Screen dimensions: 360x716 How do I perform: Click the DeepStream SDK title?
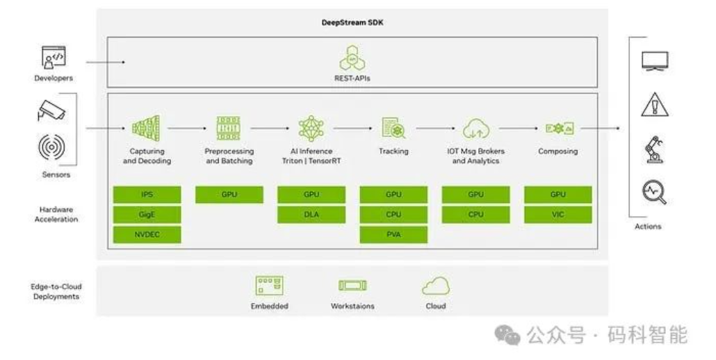coord(352,22)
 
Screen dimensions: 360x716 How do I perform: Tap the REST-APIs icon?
coord(352,58)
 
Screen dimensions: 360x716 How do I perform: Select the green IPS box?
coord(147,195)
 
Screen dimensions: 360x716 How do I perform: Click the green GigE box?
coord(147,215)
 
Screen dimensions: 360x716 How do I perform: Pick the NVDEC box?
coord(147,235)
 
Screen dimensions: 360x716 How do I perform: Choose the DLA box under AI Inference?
coord(311,215)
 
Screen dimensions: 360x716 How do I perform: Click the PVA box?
coord(393,235)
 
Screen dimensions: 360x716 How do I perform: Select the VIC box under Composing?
coord(558,215)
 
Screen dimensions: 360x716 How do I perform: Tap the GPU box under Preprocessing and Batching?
coord(229,195)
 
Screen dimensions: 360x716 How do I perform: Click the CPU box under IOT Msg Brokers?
coord(475,215)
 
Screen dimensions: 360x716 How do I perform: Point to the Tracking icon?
coord(393,129)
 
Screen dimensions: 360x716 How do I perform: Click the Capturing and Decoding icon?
coord(146,129)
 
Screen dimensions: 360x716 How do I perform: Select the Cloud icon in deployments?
coord(436,286)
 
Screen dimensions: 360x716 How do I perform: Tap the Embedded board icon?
coord(269,286)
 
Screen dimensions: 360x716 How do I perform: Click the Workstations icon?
coord(352,286)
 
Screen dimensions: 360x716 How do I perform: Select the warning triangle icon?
coord(654,105)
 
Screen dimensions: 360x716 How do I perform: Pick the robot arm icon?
coord(654,149)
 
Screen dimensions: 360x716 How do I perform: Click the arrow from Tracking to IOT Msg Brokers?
coord(434,129)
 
